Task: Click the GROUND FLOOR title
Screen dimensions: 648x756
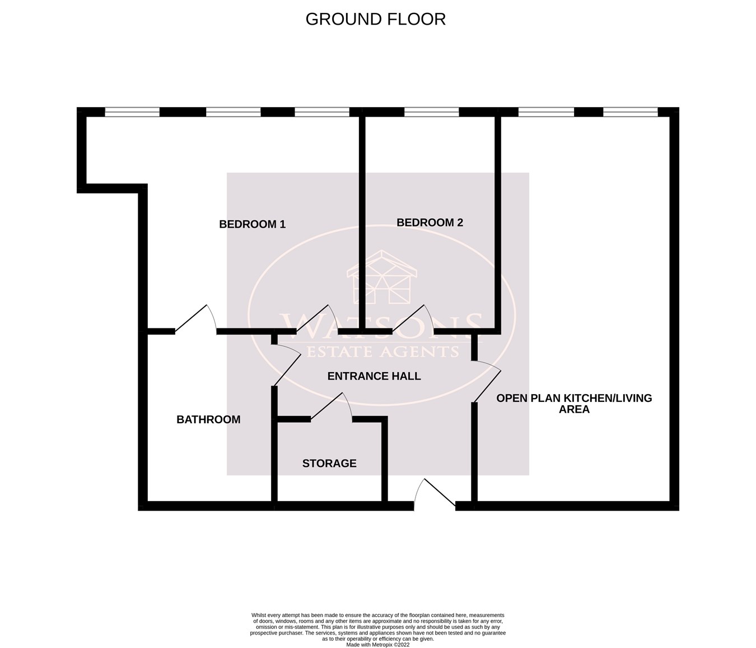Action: pos(375,19)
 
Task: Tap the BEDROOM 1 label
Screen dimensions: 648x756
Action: pos(252,224)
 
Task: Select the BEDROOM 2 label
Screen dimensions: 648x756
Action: pos(430,223)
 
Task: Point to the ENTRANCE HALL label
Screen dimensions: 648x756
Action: pos(374,376)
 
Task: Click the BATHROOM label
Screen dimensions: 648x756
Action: pos(208,419)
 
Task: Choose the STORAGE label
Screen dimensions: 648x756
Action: pos(329,463)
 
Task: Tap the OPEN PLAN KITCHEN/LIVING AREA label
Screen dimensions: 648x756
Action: pos(574,404)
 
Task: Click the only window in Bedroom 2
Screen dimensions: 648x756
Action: pos(431,112)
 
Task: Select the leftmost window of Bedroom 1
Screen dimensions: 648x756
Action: pos(132,112)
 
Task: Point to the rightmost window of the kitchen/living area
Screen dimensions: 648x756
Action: pos(630,112)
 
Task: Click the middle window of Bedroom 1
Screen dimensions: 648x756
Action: pos(233,112)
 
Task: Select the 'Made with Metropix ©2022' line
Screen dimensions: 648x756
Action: pos(378,645)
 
